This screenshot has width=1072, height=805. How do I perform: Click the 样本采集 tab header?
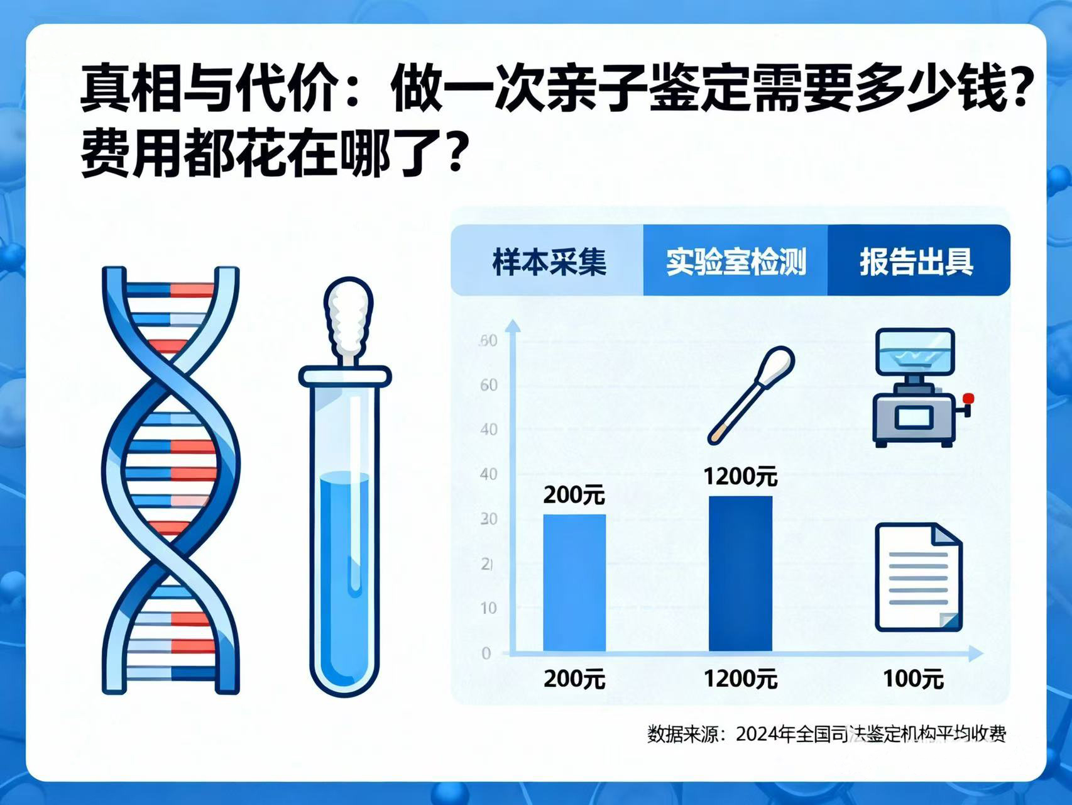[x=549, y=261]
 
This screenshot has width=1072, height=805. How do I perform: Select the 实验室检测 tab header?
[x=735, y=261]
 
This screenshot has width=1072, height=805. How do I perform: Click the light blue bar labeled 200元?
[x=574, y=582]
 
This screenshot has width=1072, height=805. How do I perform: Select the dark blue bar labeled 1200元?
[x=740, y=573]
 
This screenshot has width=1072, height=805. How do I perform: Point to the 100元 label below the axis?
[x=912, y=679]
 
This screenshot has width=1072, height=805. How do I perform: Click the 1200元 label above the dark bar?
[x=740, y=476]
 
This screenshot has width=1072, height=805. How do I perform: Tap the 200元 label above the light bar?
[x=574, y=495]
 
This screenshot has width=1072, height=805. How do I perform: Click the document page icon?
[x=918, y=577]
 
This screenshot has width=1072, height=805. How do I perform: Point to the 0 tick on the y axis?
[x=486, y=653]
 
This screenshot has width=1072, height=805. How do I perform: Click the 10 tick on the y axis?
[x=488, y=608]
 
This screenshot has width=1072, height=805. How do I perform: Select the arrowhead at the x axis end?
[x=975, y=653]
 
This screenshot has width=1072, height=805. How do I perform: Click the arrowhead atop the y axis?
[x=513, y=326]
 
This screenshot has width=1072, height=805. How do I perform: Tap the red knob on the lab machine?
[x=968, y=398]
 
